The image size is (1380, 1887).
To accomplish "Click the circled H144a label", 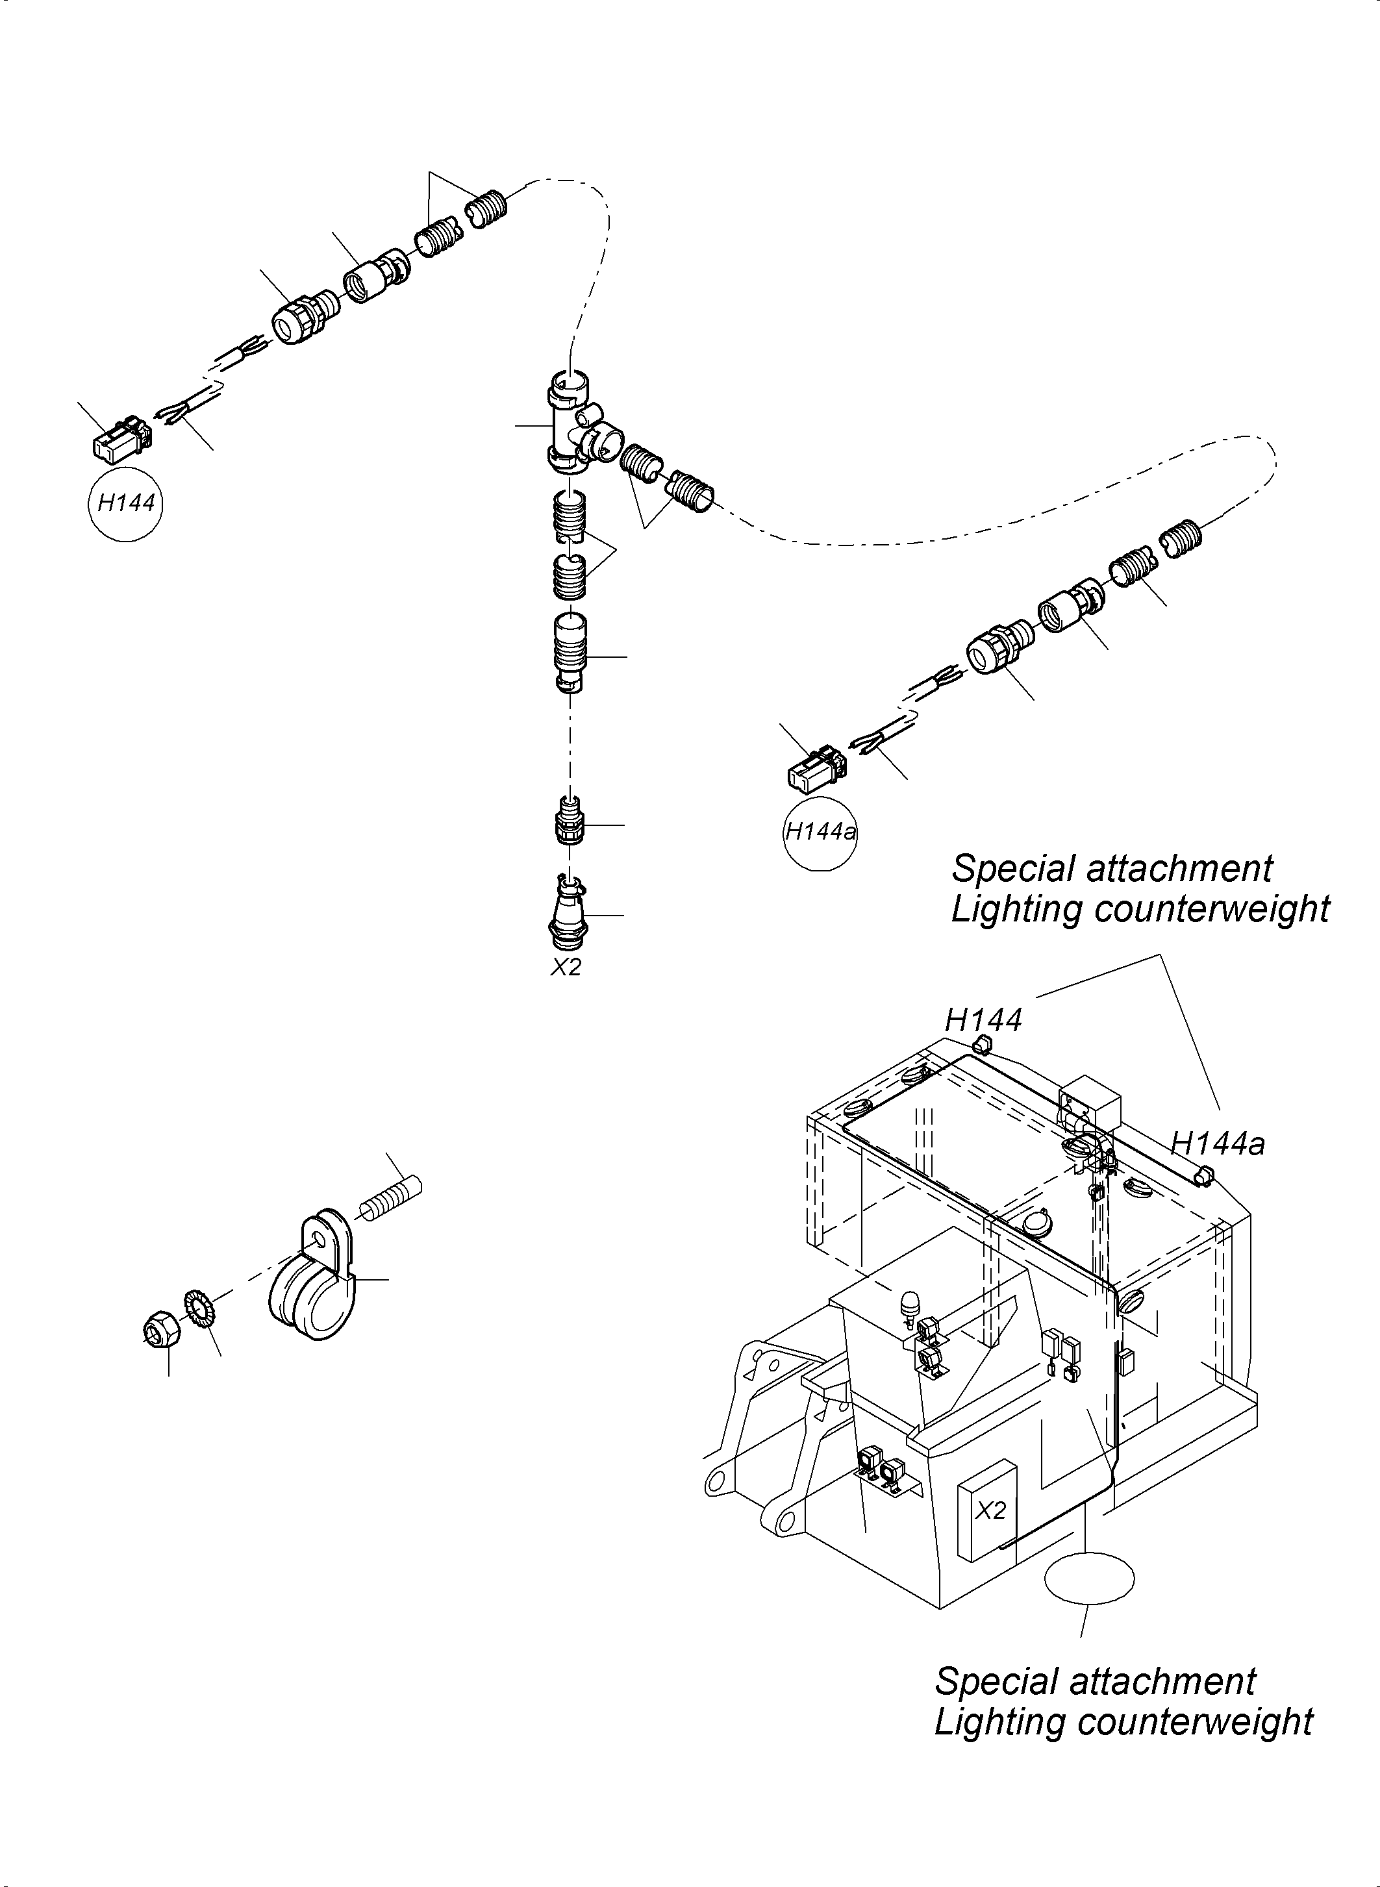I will point(820,832).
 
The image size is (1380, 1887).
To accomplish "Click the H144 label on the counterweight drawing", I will point(983,1020).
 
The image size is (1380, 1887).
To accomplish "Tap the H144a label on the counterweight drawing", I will point(1217,1143).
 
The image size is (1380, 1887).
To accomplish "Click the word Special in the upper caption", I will point(1004,869).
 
